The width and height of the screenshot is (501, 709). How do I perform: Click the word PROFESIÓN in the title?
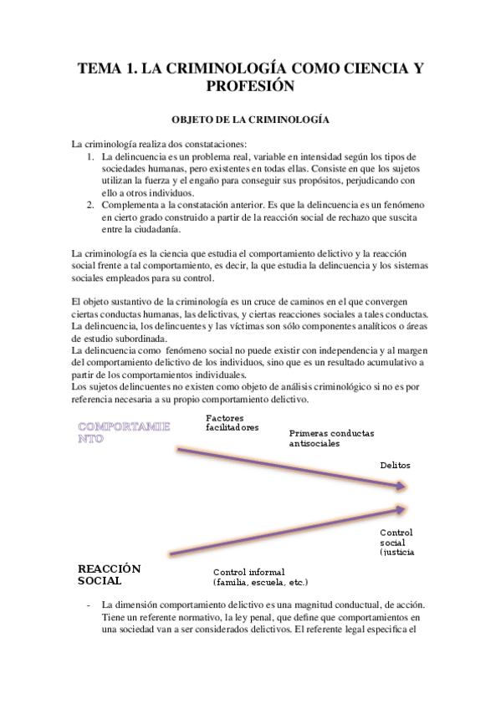pos(250,86)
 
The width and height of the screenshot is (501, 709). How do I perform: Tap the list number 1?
pos(90,156)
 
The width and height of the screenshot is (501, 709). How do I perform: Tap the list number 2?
pos(90,204)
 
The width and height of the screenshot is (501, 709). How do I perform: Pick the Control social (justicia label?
pos(396,542)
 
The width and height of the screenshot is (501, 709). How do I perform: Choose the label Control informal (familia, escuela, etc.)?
pos(261,577)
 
